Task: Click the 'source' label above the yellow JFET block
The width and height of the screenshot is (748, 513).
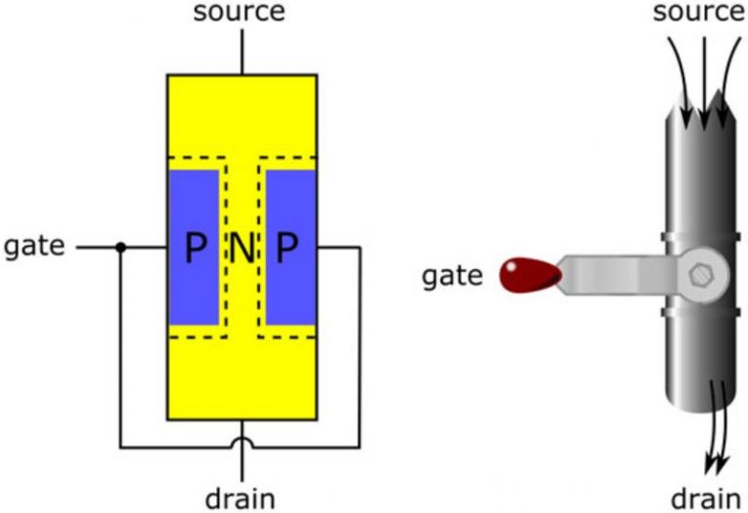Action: tap(240, 13)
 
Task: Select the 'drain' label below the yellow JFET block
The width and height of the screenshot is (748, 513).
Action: tap(240, 498)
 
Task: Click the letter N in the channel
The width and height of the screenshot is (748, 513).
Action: tap(242, 251)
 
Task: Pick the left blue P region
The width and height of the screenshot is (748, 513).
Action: tap(194, 250)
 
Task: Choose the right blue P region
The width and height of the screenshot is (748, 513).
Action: tap(289, 250)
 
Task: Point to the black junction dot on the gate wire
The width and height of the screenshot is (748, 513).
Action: tap(120, 248)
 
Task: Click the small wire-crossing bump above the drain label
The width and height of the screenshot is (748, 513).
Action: tap(242, 445)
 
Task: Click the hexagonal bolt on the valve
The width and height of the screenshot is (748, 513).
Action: tap(700, 276)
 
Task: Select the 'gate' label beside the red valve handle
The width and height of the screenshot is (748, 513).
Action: tap(452, 276)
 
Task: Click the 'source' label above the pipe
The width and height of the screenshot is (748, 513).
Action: tap(698, 13)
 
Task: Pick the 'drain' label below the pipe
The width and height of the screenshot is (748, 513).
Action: tap(704, 498)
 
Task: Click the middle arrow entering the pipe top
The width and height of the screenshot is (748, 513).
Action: tap(703, 78)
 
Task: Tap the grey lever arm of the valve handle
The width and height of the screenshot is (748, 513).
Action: tap(614, 274)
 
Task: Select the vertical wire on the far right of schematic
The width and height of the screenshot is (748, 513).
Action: tap(360, 341)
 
